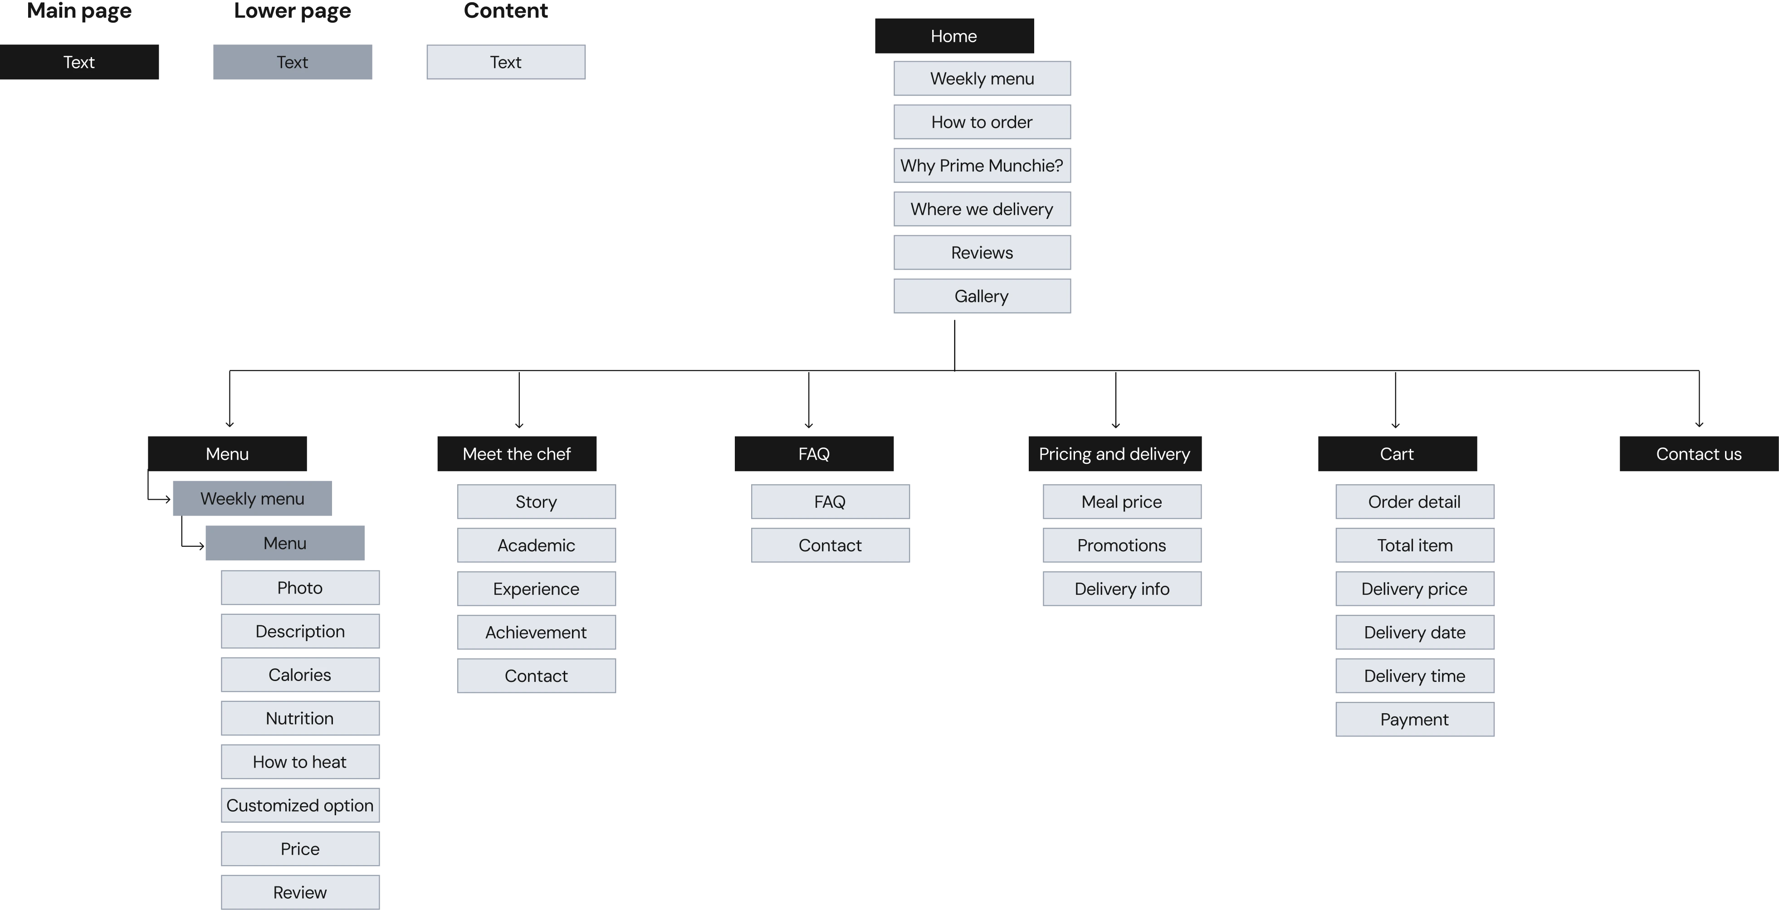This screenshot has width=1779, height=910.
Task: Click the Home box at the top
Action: click(x=954, y=36)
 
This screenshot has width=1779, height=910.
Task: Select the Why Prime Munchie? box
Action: click(x=982, y=165)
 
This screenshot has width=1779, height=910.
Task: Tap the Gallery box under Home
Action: click(x=982, y=296)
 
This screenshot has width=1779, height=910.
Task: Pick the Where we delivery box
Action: click(x=982, y=209)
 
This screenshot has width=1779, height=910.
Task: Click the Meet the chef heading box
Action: click(x=517, y=453)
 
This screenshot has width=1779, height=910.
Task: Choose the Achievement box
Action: click(x=536, y=633)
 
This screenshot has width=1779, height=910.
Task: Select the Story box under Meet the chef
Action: click(x=536, y=502)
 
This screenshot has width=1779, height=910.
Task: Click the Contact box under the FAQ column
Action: click(x=830, y=545)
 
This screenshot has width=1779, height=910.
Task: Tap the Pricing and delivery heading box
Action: click(x=1114, y=453)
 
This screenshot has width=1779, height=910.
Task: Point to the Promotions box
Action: click(x=1122, y=545)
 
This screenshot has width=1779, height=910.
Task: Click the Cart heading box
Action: click(x=1397, y=453)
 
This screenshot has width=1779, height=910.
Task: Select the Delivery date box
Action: click(x=1414, y=633)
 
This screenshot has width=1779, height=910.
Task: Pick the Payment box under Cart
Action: click(x=1414, y=720)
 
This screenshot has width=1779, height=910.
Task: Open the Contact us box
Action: click(x=1698, y=453)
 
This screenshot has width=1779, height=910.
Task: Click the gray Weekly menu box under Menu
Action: click(x=252, y=498)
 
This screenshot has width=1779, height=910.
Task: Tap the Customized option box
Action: click(x=300, y=805)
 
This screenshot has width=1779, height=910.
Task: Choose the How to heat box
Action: click(x=300, y=762)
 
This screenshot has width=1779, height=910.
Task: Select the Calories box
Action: click(x=300, y=675)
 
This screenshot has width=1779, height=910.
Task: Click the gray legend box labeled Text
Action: click(x=292, y=62)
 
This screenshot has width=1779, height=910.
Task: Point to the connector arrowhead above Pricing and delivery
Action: click(x=1115, y=424)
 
